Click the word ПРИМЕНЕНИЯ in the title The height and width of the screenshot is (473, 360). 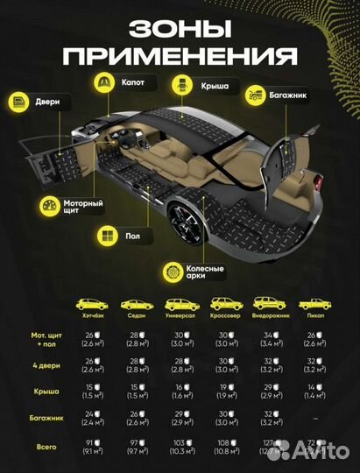[179, 57]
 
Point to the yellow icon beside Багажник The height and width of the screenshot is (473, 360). [255, 91]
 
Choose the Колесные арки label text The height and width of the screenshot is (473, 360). [206, 272]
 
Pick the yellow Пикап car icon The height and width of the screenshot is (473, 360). [312, 304]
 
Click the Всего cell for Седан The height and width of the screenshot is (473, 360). [134, 447]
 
